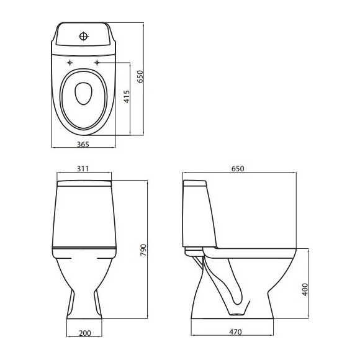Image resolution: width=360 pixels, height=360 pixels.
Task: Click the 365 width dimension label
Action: click(x=83, y=145)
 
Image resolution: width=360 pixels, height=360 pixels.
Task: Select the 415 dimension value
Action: click(x=127, y=97)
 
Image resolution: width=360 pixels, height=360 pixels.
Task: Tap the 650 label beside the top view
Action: click(x=140, y=77)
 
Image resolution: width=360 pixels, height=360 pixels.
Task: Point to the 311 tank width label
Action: click(x=83, y=169)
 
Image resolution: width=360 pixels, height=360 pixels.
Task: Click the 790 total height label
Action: click(x=143, y=250)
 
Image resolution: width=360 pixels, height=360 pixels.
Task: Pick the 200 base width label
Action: click(x=84, y=333)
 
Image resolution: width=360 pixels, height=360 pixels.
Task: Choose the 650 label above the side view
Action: click(x=238, y=169)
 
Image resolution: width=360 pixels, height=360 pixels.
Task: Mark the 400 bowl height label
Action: click(x=305, y=289)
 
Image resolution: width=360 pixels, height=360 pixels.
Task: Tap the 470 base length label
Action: click(x=235, y=332)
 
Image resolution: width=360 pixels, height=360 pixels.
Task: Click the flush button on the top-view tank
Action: click(x=84, y=36)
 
